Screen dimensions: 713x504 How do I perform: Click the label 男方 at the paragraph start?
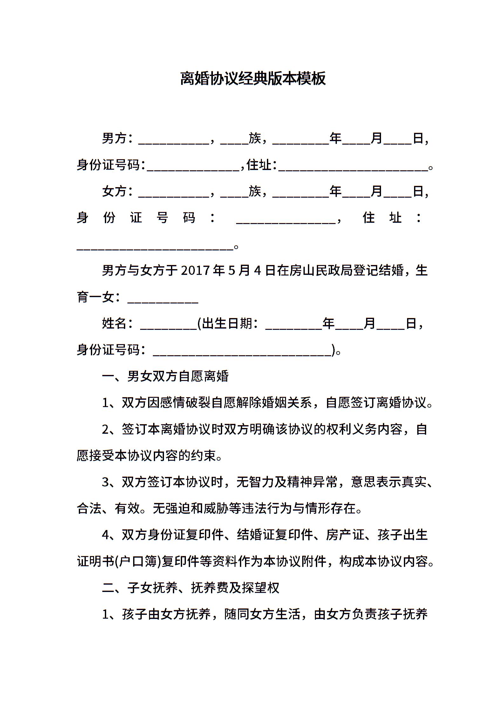[114, 139]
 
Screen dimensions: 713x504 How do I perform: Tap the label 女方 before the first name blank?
[114, 191]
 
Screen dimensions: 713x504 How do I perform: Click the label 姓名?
[114, 324]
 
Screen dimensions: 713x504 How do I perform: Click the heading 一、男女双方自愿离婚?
[165, 377]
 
